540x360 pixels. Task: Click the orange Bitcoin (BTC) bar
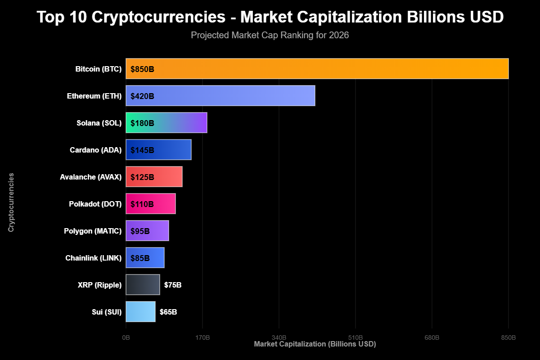click(x=317, y=69)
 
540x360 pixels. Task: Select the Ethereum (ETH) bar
click(x=220, y=96)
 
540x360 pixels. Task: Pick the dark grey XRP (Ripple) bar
click(x=143, y=285)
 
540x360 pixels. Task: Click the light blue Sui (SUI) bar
click(x=140, y=312)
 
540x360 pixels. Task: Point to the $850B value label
click(x=142, y=69)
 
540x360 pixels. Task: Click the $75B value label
click(x=173, y=285)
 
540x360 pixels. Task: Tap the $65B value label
click(x=168, y=312)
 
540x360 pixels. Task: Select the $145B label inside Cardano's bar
click(x=142, y=150)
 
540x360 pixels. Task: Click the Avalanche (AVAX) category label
click(x=90, y=177)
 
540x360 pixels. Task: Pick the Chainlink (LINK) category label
click(x=93, y=258)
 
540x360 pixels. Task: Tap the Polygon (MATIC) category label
click(x=93, y=231)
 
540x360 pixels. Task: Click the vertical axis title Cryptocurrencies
click(x=11, y=202)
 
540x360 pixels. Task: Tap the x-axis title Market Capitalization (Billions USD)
click(x=315, y=344)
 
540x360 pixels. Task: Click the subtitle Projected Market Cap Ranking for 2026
click(x=270, y=35)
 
